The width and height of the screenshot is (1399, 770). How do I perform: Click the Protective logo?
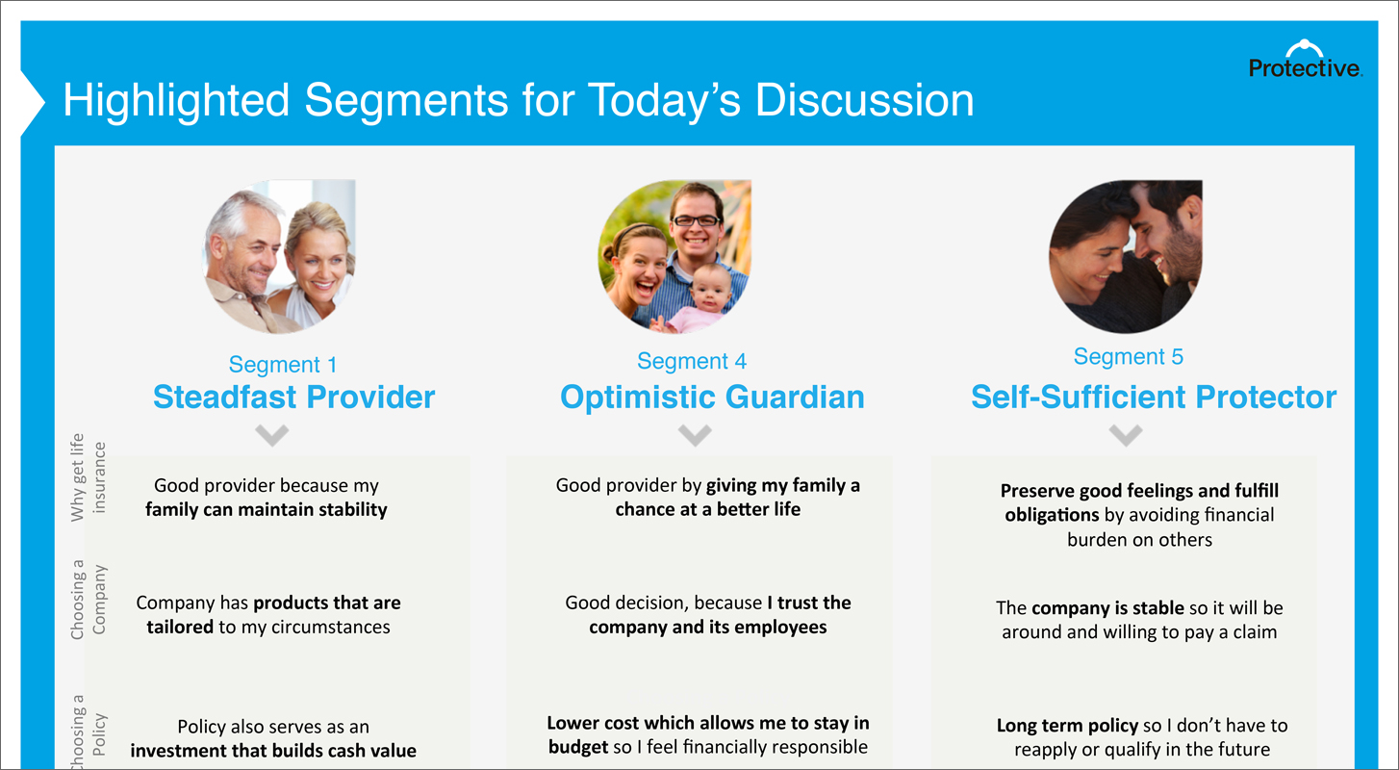1305,59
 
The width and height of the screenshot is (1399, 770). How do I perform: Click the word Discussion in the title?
864,100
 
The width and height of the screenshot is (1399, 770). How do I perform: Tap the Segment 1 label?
283,365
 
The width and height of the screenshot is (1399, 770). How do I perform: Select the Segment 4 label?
692,361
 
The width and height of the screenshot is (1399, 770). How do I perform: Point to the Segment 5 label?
1129,356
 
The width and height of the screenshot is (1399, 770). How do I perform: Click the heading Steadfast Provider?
294,397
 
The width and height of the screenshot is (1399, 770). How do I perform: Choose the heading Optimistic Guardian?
712,397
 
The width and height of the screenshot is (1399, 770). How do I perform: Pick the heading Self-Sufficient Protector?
1154,397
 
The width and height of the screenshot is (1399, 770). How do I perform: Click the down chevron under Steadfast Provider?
272,435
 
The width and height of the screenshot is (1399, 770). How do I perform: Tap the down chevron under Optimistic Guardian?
695,435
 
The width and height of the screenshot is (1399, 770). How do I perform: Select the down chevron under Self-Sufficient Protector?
1126,435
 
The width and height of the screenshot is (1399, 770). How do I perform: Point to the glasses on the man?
696,220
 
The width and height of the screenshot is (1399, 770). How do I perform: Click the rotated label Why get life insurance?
88,477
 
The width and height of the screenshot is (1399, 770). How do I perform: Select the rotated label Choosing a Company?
88,600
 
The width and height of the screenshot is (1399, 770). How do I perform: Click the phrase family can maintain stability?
267,509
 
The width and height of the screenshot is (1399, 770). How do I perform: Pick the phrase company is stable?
1108,607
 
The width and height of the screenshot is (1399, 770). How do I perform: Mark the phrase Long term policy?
1067,725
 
